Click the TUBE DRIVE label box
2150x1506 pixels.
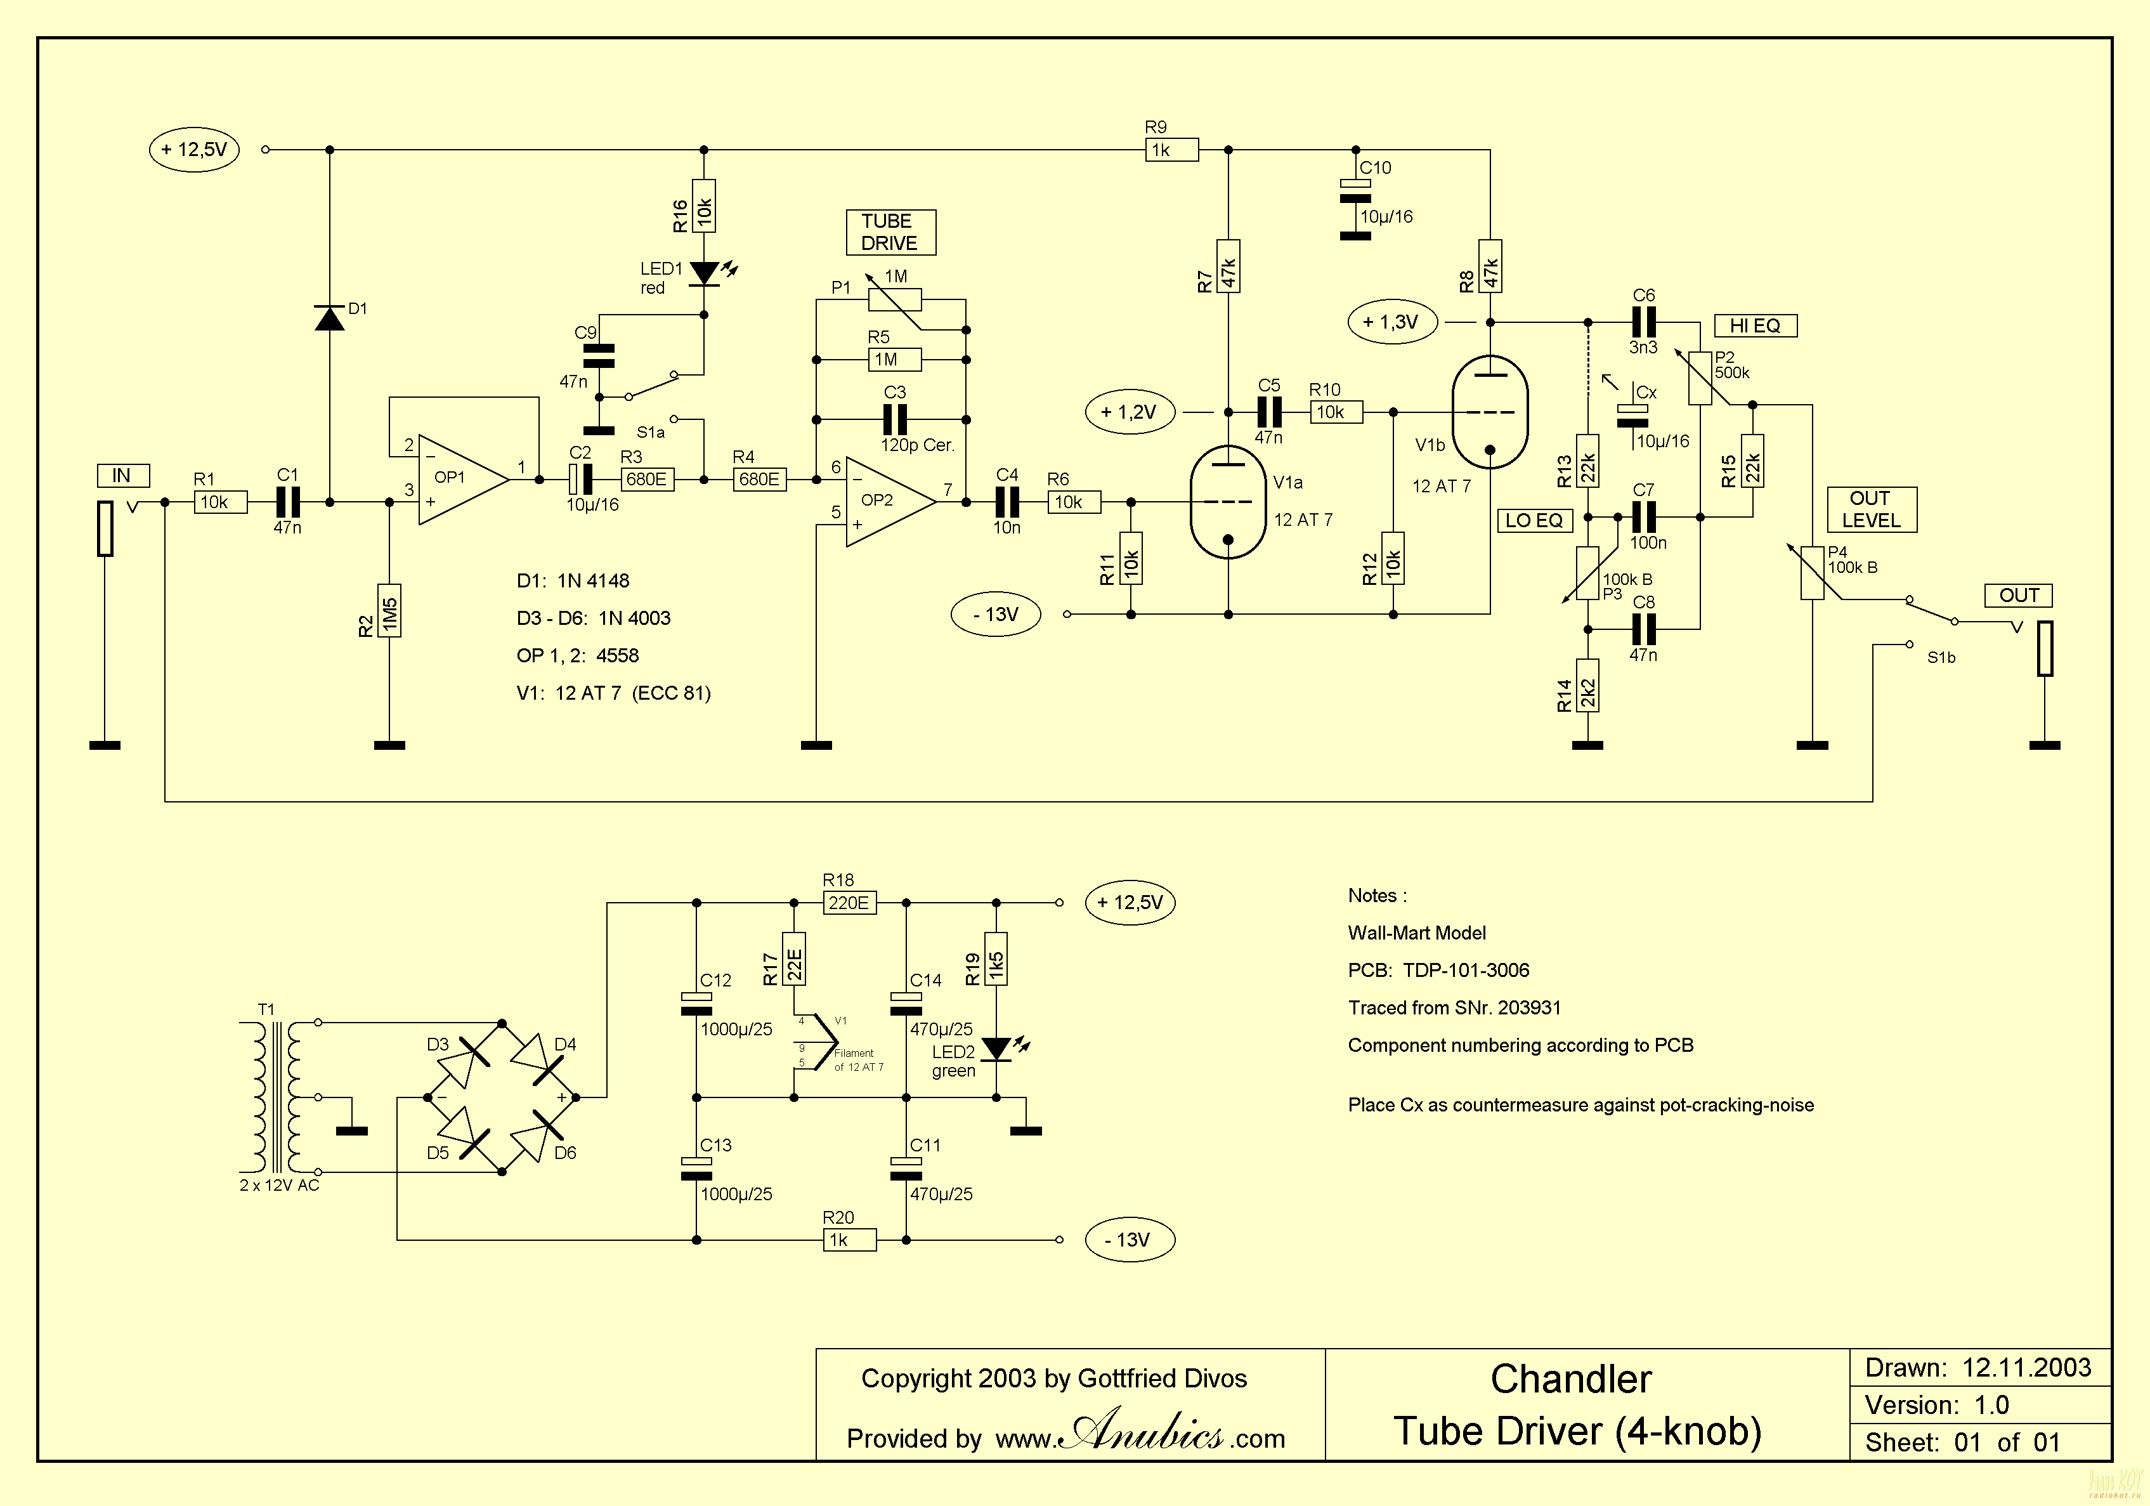pos(890,232)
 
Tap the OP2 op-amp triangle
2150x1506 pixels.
pos(890,502)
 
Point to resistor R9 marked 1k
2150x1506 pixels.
pos(1171,150)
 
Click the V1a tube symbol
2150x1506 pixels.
pos(1228,502)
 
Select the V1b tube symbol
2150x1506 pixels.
pos(1489,412)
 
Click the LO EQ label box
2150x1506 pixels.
pos(1534,521)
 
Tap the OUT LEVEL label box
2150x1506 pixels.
pos(1872,509)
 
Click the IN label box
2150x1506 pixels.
pos(122,476)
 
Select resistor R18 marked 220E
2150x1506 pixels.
pos(849,903)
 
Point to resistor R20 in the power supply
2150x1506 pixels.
pos(849,1240)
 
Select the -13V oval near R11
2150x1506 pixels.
pos(995,614)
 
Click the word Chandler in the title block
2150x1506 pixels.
pos(1572,1378)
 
